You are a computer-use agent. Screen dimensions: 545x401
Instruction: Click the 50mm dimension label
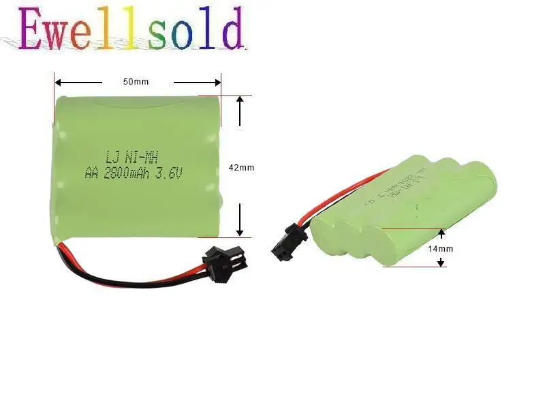[136, 83]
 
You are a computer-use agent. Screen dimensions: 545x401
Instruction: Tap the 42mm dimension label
[241, 167]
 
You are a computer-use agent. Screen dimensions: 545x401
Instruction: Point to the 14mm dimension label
[441, 249]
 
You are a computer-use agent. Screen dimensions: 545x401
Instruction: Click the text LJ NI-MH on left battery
[132, 156]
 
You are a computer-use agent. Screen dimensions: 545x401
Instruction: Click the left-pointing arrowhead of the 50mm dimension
[59, 83]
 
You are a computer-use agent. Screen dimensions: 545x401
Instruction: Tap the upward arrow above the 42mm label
[240, 102]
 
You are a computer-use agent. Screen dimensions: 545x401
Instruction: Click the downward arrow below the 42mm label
[240, 228]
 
